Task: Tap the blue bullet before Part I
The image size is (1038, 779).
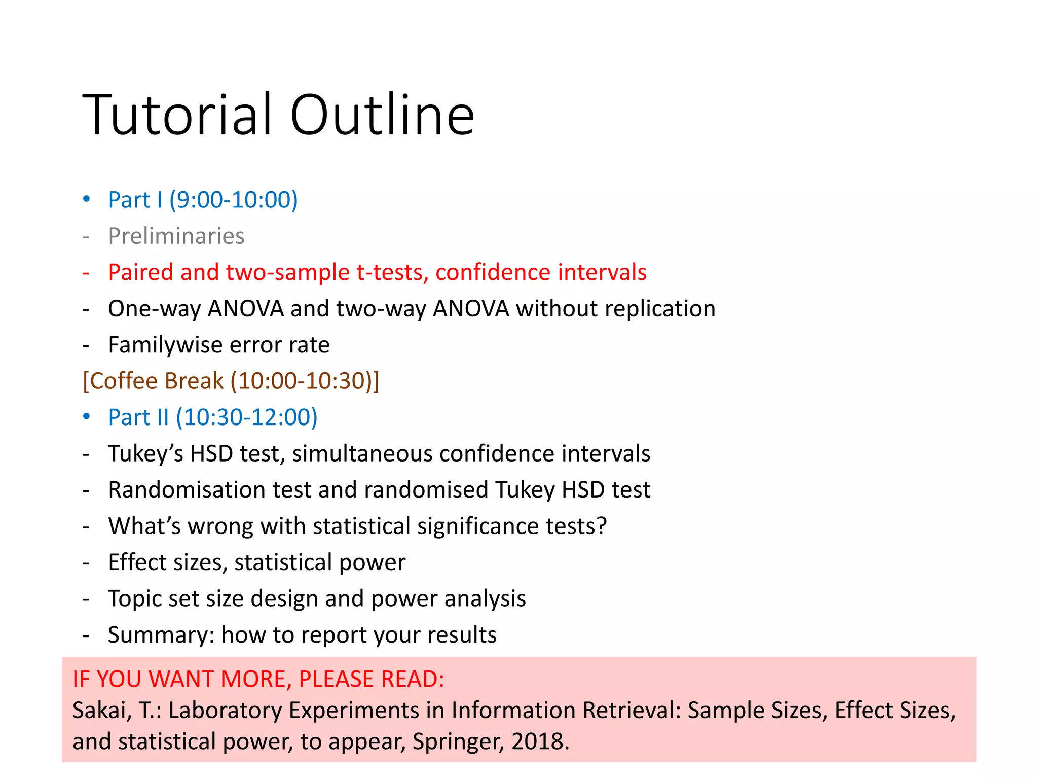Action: tap(87, 199)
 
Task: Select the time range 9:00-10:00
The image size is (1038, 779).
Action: tap(233, 199)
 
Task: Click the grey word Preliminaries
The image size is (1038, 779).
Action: tap(176, 236)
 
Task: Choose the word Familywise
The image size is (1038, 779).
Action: tap(165, 345)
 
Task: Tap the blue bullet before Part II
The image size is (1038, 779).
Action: tap(87, 416)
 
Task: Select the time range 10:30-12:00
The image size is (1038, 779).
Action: tap(246, 417)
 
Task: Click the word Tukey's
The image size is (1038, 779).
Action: tap(145, 453)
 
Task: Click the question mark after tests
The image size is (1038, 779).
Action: tap(602, 526)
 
